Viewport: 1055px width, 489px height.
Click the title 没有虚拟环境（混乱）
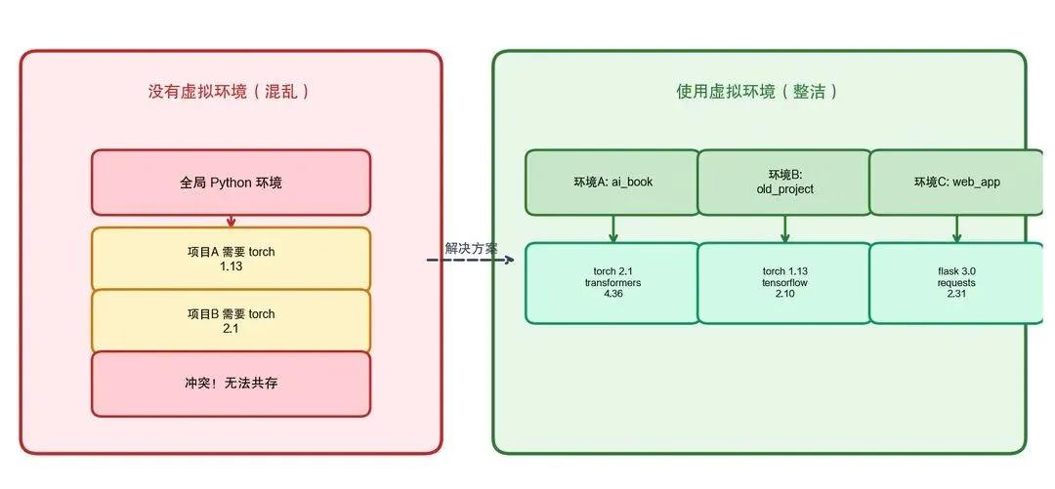point(230,92)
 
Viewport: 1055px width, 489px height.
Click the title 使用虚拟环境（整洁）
point(758,92)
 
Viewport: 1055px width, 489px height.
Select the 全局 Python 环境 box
point(231,183)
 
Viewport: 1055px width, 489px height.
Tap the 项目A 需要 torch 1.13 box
point(231,259)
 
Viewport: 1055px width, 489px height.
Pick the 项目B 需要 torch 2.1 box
point(231,321)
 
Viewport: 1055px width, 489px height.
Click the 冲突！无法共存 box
point(231,384)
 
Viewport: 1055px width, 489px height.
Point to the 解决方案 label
point(472,248)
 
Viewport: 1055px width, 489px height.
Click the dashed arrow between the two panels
point(469,261)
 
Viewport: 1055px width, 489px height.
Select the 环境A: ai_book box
point(612,182)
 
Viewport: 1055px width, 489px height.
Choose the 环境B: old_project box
point(784,182)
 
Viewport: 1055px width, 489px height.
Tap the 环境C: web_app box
point(956,182)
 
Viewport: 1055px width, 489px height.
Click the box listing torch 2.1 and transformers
point(612,282)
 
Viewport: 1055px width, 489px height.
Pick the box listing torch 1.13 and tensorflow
point(784,282)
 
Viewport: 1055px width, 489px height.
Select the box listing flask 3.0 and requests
point(956,282)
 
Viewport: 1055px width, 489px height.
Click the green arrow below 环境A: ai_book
point(613,229)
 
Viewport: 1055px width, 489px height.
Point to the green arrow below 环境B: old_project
point(784,229)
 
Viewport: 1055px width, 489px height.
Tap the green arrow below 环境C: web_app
point(956,229)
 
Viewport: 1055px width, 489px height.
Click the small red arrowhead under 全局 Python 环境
point(232,222)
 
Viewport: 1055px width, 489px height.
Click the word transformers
point(612,282)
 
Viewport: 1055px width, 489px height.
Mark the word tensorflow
point(784,282)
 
